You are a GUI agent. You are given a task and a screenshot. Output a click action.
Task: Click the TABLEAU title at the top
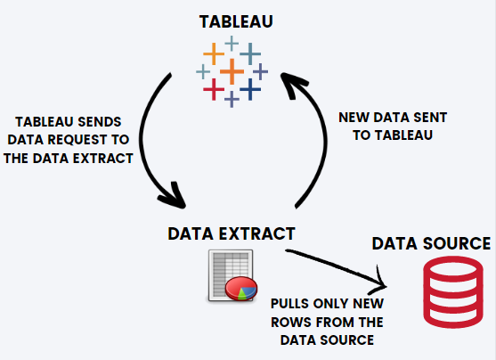tap(236, 22)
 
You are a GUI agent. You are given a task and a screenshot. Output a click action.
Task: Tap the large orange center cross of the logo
tap(232, 71)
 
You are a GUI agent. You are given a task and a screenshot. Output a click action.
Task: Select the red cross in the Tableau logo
tap(214, 89)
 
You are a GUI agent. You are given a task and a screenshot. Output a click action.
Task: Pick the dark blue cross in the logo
tap(250, 89)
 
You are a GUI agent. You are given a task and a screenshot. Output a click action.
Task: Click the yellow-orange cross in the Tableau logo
tap(214, 53)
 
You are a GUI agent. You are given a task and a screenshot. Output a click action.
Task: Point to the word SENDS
tap(100, 122)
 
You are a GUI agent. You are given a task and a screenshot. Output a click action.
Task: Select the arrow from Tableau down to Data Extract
tap(141, 139)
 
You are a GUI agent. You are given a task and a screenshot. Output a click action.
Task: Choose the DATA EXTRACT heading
tap(232, 233)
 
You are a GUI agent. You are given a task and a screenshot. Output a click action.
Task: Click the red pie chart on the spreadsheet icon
tap(241, 288)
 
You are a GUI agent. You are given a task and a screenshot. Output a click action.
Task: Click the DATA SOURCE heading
tap(431, 243)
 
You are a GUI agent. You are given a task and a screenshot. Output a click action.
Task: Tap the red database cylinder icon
tap(453, 292)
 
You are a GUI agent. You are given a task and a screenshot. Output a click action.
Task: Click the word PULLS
tap(289, 304)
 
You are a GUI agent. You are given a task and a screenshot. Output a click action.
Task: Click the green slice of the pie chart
tap(241, 294)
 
